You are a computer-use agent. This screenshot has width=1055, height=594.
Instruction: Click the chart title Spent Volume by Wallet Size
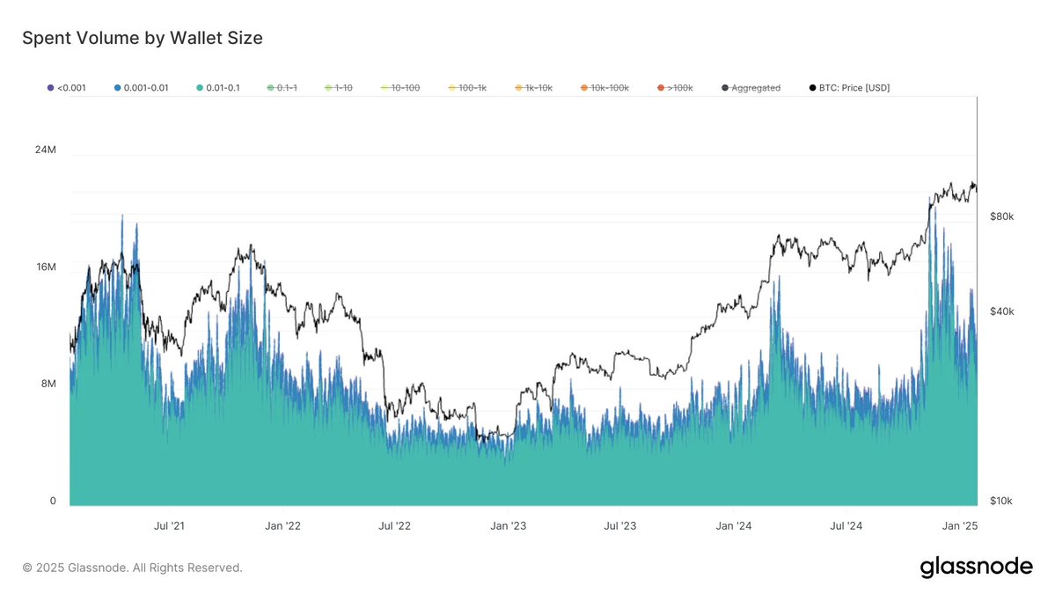[x=142, y=38]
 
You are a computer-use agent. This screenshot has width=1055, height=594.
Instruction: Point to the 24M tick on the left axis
[x=45, y=150]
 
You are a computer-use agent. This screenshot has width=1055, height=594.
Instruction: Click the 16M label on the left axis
[x=45, y=267]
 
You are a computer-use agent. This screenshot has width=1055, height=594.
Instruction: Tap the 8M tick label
[x=48, y=384]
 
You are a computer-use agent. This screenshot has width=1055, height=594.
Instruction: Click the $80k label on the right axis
[x=1001, y=216]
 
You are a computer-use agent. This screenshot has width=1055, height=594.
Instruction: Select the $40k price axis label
[x=1001, y=312]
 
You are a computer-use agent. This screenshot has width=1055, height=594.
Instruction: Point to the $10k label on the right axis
[x=1001, y=501]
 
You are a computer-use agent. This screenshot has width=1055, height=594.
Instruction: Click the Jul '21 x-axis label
[x=169, y=526]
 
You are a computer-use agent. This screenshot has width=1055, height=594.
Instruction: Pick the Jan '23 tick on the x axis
[x=508, y=526]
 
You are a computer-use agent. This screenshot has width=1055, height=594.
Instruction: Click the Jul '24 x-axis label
[x=846, y=526]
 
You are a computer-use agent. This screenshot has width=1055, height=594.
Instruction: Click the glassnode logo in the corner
[x=976, y=567]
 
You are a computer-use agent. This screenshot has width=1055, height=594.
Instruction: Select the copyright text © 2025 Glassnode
[x=132, y=568]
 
